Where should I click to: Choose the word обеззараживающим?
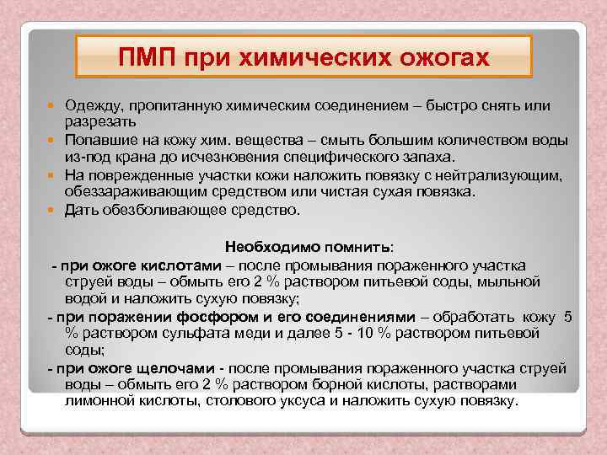136,191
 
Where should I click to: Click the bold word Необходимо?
266,249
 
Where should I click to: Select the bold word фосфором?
208,317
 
